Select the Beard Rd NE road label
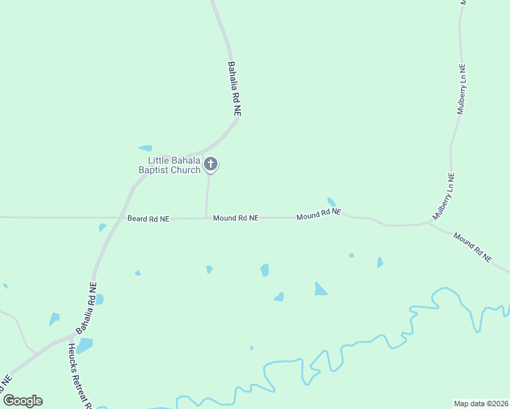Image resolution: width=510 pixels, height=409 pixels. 148,219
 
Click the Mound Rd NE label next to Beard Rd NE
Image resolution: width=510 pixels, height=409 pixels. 235,218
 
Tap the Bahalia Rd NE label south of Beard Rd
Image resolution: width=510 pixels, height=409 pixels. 86,308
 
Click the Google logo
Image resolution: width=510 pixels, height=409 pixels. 22,401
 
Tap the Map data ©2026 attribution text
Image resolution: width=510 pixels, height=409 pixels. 481,404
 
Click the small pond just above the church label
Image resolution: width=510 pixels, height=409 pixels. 145,148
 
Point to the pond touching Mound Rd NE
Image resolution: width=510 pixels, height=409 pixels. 331,202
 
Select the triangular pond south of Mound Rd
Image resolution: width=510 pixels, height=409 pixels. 320,290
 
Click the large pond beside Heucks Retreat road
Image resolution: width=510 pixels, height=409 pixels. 85,346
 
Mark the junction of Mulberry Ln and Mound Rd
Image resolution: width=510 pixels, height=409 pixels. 429,222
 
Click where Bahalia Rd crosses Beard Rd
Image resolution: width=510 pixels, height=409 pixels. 112,218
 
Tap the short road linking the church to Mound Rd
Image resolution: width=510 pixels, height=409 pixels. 207,198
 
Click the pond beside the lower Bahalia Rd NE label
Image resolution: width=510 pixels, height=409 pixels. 100,299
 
